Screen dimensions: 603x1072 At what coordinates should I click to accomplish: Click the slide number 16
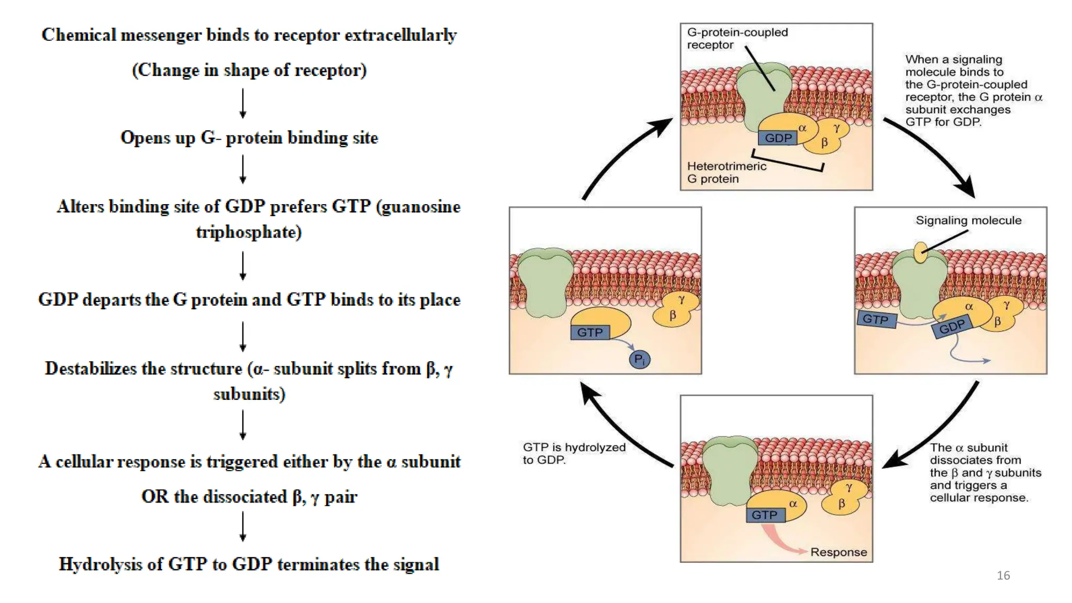click(1003, 575)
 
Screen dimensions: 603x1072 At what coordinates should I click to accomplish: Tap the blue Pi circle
click(639, 359)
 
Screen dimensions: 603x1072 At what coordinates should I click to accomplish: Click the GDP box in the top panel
click(778, 138)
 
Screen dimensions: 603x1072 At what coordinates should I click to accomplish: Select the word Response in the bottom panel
click(838, 552)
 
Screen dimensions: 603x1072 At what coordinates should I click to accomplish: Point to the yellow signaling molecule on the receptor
click(920, 252)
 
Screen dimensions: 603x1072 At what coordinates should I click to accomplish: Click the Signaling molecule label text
click(968, 220)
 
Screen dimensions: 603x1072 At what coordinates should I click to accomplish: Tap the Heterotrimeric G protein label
click(726, 172)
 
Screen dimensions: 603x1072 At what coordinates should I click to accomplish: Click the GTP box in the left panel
click(589, 332)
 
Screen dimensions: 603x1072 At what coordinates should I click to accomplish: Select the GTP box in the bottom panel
click(764, 515)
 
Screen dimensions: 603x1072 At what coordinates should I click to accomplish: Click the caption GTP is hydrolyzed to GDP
click(574, 453)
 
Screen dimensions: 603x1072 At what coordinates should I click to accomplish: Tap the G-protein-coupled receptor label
click(736, 38)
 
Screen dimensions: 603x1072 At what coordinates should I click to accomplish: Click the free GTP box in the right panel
click(876, 319)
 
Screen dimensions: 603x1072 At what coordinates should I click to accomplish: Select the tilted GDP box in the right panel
click(952, 327)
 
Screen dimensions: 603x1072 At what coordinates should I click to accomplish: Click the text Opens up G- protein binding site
click(249, 138)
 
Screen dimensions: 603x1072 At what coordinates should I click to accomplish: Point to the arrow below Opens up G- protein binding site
click(243, 169)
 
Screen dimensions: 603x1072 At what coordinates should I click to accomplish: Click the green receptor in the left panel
click(545, 283)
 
